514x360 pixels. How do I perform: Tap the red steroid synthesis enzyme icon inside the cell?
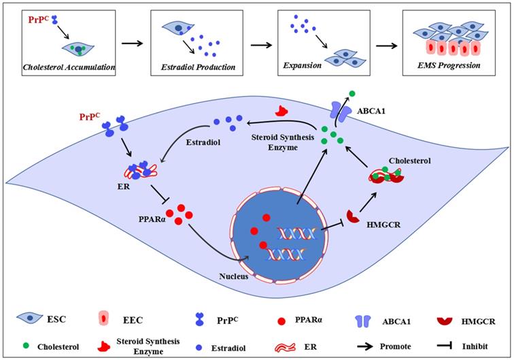(x=280, y=110)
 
